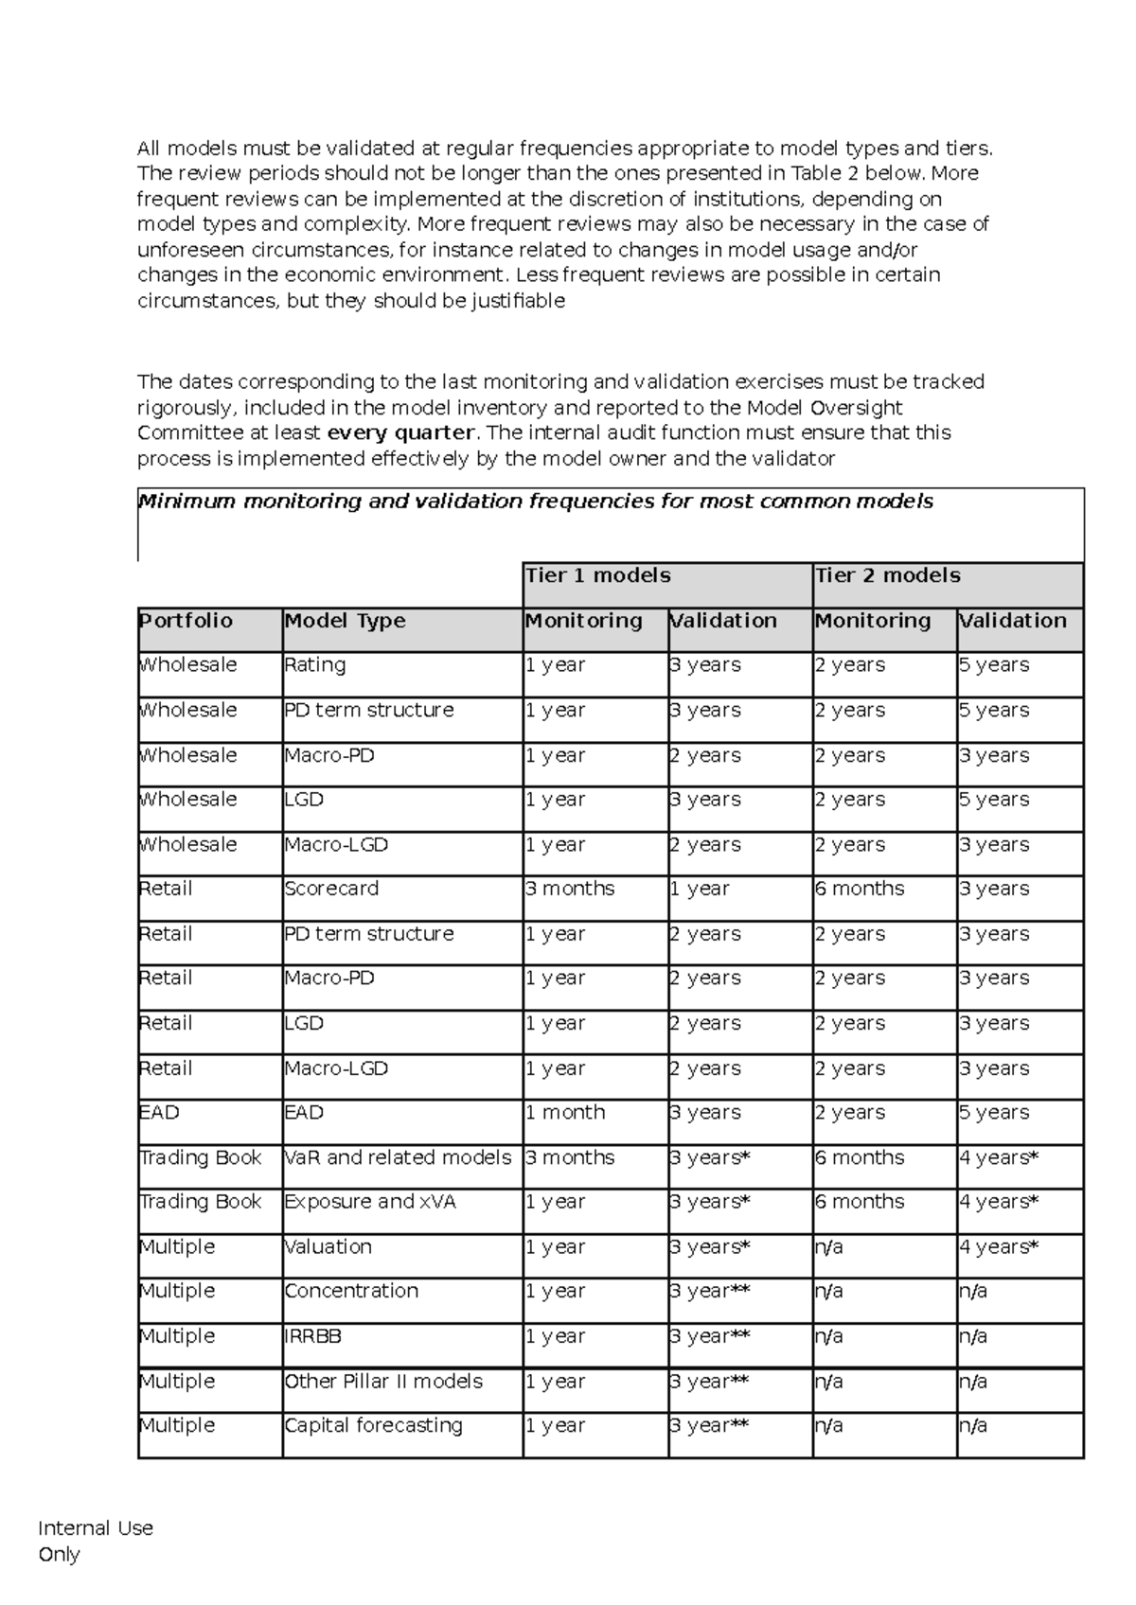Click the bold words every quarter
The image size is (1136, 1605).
coord(400,432)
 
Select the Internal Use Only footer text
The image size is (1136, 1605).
coord(95,1541)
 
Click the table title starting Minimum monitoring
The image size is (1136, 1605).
coord(536,502)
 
